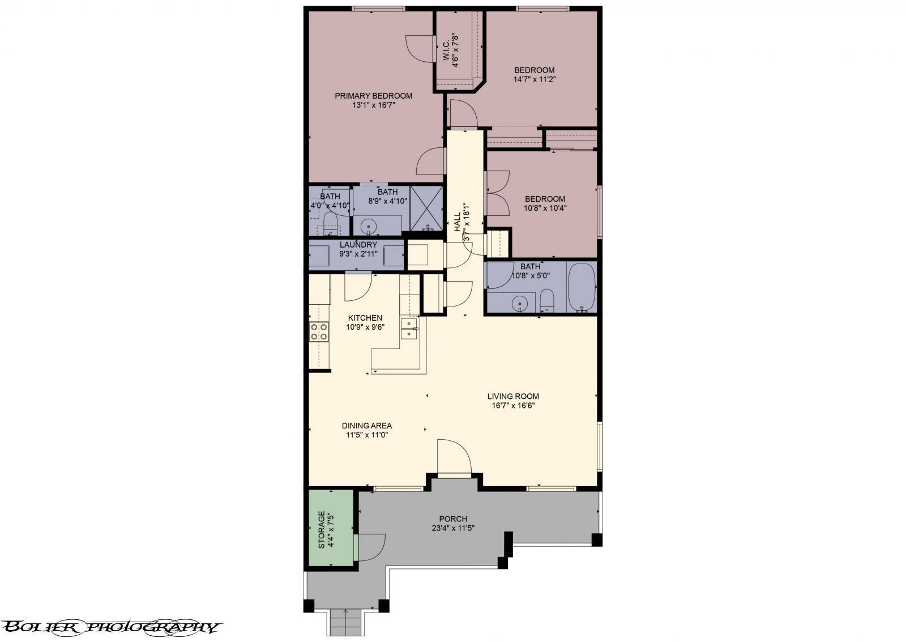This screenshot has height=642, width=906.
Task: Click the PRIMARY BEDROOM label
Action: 373,96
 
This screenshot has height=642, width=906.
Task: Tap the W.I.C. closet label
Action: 446,50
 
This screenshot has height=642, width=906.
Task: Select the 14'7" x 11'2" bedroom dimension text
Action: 535,79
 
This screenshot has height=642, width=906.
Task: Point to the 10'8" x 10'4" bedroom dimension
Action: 545,209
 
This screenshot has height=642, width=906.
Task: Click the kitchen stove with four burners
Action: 319,331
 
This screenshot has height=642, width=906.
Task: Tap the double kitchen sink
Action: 409,328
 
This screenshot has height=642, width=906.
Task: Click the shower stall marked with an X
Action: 427,209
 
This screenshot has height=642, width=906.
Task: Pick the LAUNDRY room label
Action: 358,245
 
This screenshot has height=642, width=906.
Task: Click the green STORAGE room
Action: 331,528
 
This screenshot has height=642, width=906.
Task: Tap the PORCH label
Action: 453,519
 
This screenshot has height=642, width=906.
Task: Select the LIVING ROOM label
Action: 513,396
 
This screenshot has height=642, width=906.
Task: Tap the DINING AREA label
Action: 367,426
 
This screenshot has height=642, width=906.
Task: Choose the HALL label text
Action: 458,223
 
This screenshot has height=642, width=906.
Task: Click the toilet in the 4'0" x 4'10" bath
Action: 331,224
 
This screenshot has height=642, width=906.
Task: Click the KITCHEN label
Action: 365,318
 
